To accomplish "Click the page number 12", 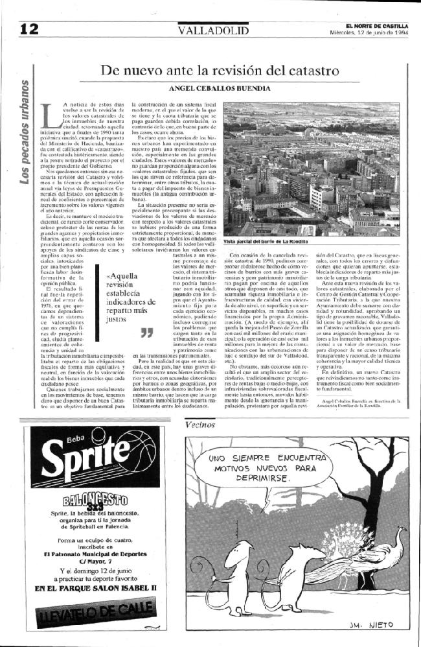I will [x=30, y=29].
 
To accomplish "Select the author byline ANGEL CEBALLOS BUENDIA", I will [x=220, y=88].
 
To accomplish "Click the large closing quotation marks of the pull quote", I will [x=146, y=333].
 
